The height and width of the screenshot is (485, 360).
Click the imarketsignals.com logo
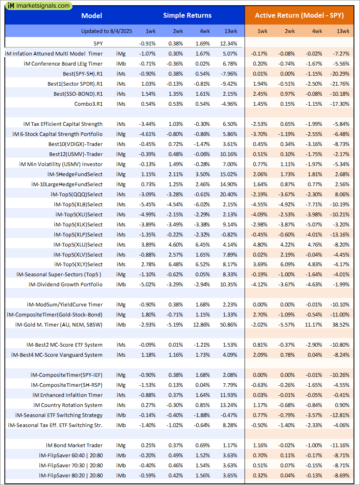tap(38, 6)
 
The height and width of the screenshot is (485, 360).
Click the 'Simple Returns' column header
tap(187, 16)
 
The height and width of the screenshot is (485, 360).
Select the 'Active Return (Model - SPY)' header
tap(299, 16)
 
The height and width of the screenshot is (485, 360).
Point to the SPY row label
tap(97, 43)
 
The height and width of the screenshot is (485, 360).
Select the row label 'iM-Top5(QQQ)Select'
tap(77, 194)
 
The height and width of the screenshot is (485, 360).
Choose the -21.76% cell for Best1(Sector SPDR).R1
tap(340, 84)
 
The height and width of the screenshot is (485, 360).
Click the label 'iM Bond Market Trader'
tap(74, 445)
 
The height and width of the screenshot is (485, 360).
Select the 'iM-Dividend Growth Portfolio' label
tap(66, 284)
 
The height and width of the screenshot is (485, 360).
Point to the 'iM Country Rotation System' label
tap(68, 405)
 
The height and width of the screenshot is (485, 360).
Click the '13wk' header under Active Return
tap(343, 31)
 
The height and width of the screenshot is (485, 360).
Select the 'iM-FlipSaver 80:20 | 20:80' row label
tap(71, 475)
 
